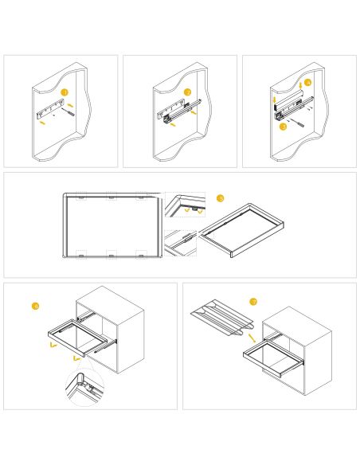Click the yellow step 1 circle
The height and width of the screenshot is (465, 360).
(x=65, y=92)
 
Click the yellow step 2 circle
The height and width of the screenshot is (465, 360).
(x=187, y=92)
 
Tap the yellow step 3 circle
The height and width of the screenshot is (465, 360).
(x=282, y=127)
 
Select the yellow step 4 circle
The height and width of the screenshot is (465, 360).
(x=307, y=82)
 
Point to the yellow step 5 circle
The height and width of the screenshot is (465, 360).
(x=221, y=198)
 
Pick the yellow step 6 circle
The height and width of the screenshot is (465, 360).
(x=35, y=306)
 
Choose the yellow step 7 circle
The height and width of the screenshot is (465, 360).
(x=252, y=302)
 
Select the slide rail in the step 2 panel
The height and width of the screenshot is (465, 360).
(x=177, y=110)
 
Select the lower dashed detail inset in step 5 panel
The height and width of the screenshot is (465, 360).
(x=181, y=243)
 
